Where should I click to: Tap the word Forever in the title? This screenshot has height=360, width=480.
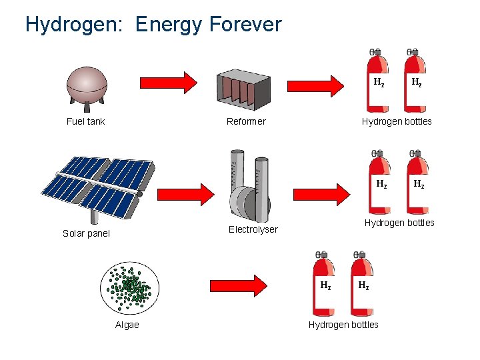(x=245, y=25)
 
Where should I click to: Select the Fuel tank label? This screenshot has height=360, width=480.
(x=86, y=121)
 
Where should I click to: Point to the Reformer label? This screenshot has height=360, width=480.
(x=246, y=121)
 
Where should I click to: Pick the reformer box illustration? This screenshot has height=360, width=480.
(x=243, y=87)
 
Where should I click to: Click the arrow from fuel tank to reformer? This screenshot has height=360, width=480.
(x=168, y=83)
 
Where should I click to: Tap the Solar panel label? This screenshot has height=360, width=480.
(x=86, y=233)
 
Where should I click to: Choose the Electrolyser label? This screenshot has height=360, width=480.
(x=253, y=229)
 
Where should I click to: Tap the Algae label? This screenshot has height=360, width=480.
(x=127, y=325)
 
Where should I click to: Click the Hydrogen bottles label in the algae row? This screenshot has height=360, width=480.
(x=343, y=325)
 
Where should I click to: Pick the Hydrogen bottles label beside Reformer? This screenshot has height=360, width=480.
(x=397, y=121)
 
